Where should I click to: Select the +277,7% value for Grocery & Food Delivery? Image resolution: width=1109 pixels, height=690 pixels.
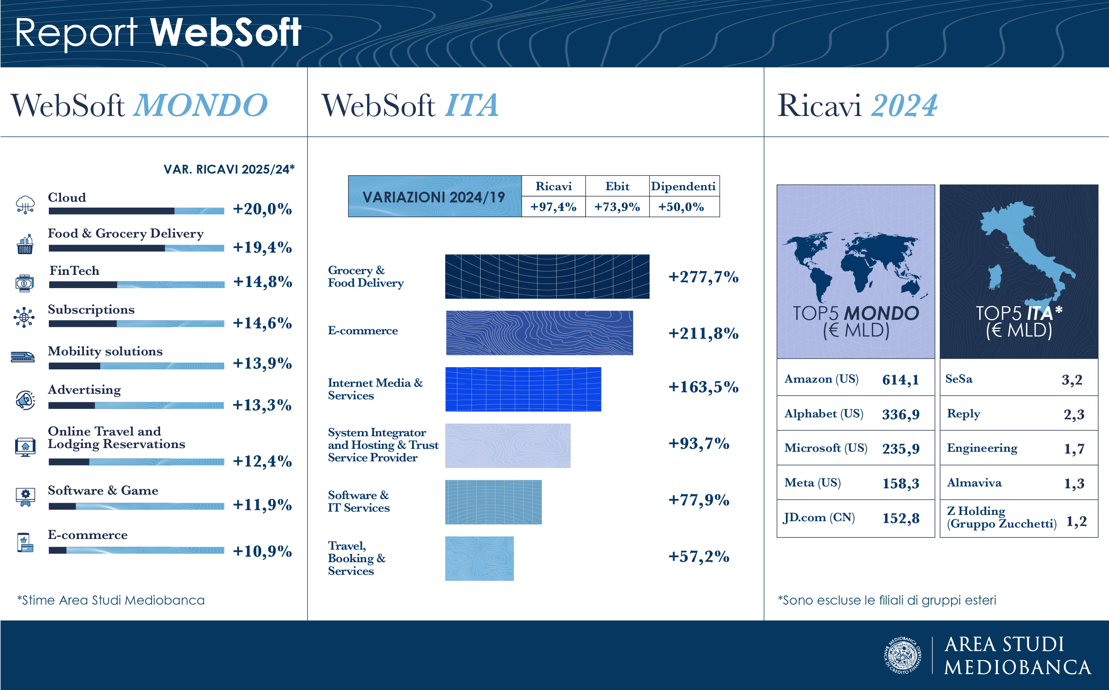click(x=703, y=277)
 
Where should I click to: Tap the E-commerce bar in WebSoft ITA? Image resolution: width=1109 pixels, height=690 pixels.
click(x=539, y=333)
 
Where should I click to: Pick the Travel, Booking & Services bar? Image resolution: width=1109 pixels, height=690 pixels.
click(x=479, y=558)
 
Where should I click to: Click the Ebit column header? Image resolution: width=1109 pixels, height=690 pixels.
click(x=617, y=186)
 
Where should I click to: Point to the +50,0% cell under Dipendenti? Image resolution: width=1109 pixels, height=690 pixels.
click(x=681, y=207)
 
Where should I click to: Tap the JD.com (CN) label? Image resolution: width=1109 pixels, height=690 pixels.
click(x=819, y=517)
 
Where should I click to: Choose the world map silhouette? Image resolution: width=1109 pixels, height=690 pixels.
click(x=855, y=265)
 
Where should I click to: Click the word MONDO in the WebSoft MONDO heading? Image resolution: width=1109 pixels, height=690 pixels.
click(x=200, y=105)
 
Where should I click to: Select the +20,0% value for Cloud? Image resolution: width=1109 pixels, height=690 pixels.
click(x=262, y=209)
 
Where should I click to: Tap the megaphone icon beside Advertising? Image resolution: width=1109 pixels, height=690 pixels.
click(x=26, y=400)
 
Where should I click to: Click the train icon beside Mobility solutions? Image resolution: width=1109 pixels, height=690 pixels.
click(x=23, y=356)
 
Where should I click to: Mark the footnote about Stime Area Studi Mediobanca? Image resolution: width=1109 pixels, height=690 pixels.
click(x=111, y=600)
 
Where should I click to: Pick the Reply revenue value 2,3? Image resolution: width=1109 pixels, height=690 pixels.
click(x=1074, y=414)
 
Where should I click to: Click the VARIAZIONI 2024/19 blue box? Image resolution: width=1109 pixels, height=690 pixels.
click(x=434, y=196)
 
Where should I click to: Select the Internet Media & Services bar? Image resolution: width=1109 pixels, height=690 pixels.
click(x=523, y=389)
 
